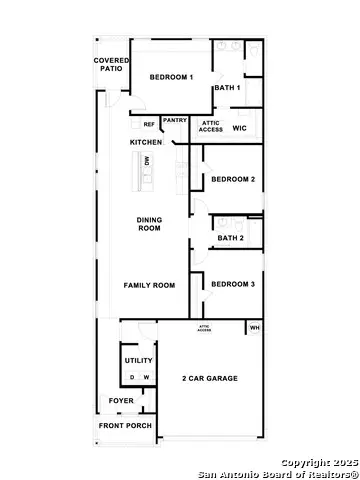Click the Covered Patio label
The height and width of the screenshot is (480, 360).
[110, 65]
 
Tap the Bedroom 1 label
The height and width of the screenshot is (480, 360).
[171, 77]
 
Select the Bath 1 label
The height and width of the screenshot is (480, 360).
[228, 88]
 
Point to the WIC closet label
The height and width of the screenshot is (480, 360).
[239, 128]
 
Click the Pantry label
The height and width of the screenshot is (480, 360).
[175, 121]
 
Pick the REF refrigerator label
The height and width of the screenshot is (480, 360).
[149, 125]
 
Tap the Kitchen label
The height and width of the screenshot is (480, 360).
[146, 143]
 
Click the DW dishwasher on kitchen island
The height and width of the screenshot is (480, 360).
[147, 161]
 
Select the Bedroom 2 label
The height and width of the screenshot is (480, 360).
[233, 179]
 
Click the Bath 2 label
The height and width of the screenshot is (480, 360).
[231, 238]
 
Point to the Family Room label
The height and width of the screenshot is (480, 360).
[149, 285]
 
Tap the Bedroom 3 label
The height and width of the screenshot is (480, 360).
[233, 284]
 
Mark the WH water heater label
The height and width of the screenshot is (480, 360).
[255, 327]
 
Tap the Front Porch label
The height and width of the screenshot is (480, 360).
[125, 426]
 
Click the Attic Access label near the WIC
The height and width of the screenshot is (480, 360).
[211, 126]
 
